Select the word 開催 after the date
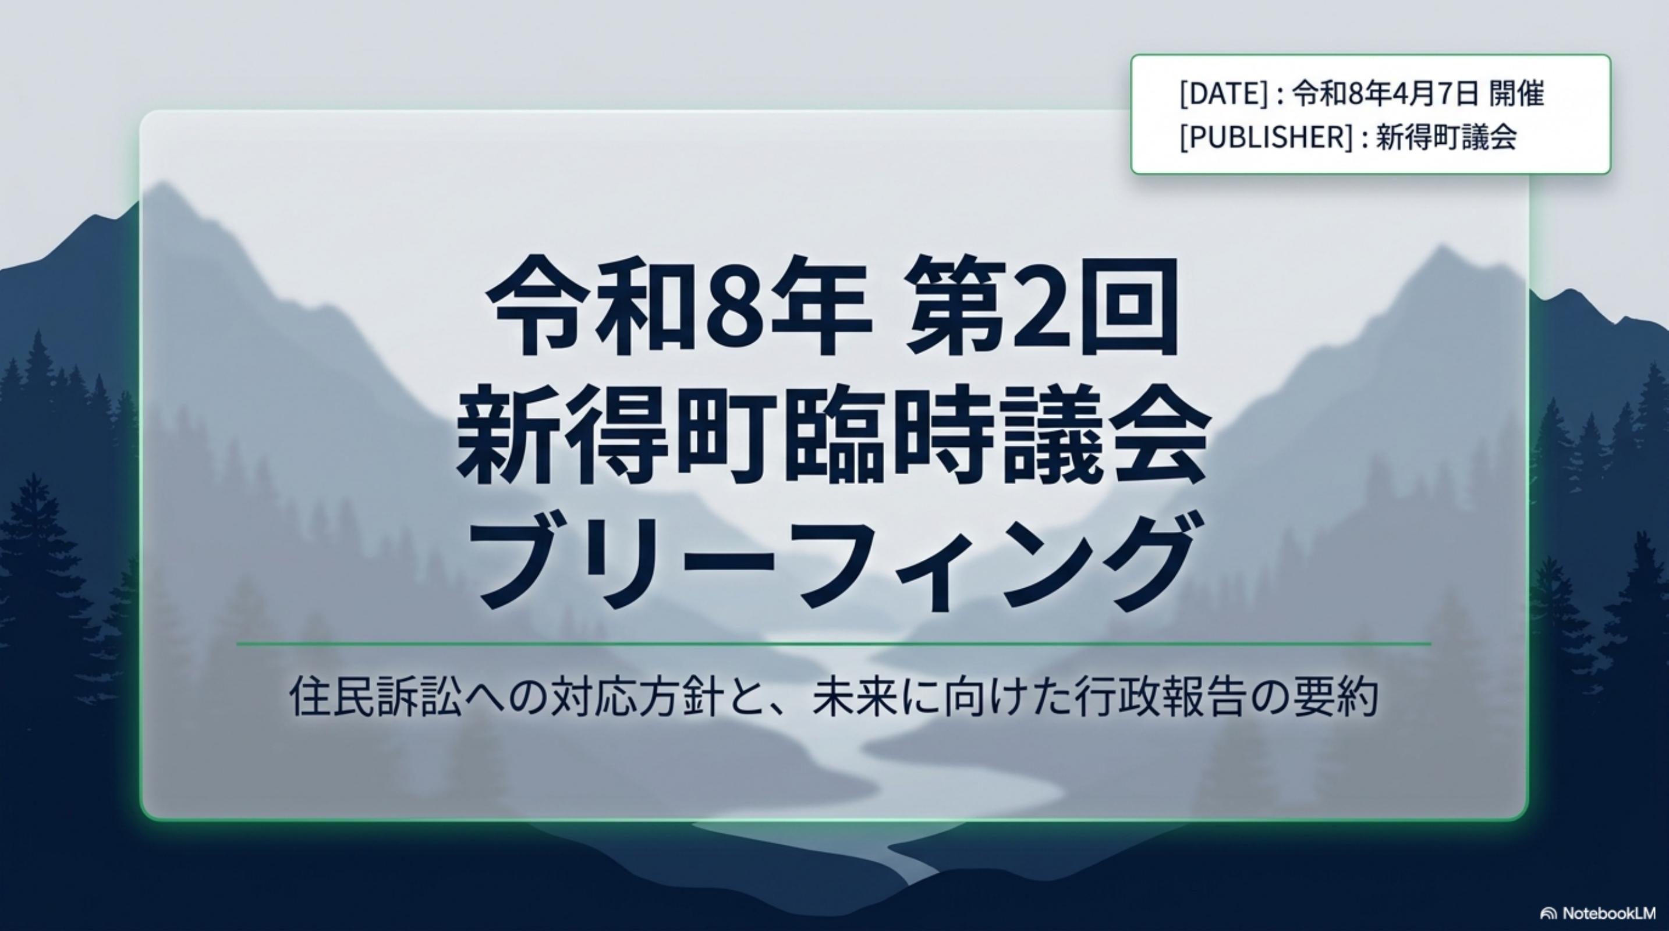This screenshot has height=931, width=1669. click(x=1516, y=94)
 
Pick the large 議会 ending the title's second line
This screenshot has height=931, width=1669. click(x=1104, y=435)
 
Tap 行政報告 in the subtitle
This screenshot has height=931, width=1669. click(x=1159, y=697)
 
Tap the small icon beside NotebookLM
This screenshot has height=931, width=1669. click(x=1548, y=914)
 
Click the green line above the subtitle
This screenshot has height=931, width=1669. click(x=833, y=644)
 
